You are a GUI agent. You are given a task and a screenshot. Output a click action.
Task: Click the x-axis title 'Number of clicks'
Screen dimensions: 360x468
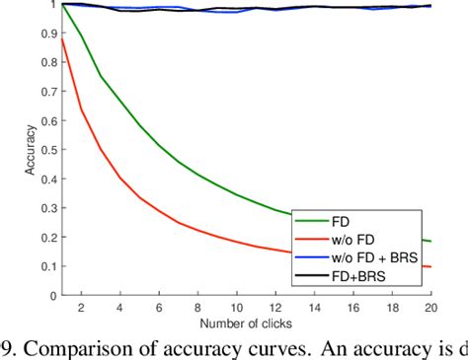[x=246, y=323]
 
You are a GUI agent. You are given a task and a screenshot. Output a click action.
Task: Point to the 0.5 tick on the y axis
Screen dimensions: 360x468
[x=47, y=150]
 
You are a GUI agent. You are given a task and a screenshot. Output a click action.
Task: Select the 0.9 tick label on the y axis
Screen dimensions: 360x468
[x=47, y=34]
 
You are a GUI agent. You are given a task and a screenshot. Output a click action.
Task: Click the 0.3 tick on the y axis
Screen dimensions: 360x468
[x=47, y=208]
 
